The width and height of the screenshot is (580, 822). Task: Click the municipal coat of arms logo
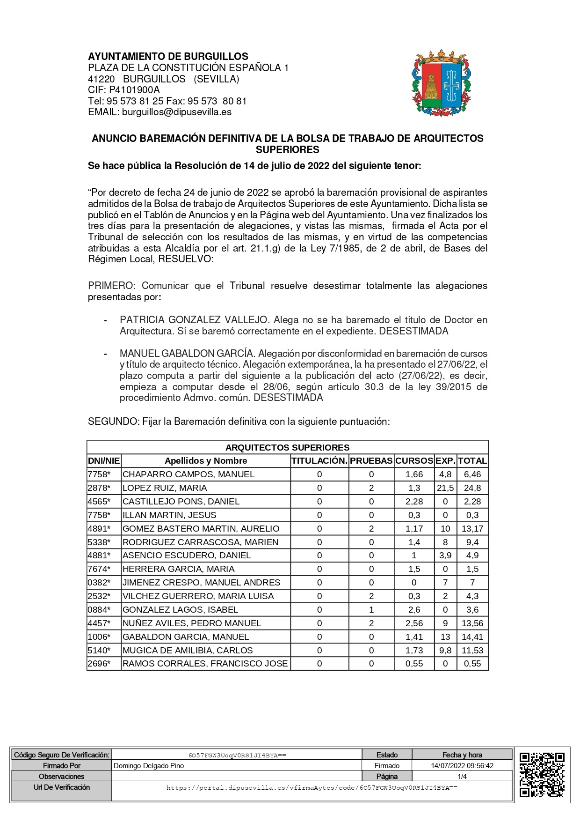point(442,83)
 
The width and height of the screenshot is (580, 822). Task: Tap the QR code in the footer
point(542,774)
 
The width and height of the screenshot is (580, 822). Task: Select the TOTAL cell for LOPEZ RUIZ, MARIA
point(472,488)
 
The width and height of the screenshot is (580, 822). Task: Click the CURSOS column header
point(414,461)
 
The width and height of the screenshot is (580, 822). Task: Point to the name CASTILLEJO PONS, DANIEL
point(181,502)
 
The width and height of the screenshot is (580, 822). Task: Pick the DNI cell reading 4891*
point(99,529)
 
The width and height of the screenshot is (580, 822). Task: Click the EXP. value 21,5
point(445,488)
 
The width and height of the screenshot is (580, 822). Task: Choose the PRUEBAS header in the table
point(371,461)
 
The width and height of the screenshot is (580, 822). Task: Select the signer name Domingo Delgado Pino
point(149,766)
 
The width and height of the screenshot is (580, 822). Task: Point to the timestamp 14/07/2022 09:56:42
point(462,766)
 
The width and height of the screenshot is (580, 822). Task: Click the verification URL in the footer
point(312,788)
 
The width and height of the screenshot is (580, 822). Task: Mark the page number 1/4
point(462,777)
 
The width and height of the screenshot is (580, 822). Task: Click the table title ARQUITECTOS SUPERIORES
point(287,448)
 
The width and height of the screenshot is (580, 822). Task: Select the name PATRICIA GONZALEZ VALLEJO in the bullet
point(194,320)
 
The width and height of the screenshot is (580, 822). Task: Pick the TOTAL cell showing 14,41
point(472,637)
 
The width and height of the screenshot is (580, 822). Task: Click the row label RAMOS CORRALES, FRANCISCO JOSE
point(205,664)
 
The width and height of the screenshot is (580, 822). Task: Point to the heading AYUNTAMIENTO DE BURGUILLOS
point(168,57)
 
